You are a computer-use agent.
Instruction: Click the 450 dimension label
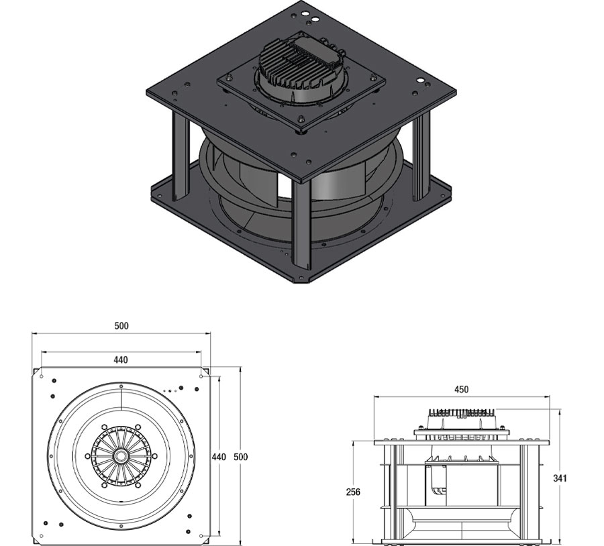click(461, 389)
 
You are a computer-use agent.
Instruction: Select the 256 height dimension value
click(353, 492)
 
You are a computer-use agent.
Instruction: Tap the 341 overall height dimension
click(560, 478)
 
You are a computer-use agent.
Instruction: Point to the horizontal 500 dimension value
click(121, 326)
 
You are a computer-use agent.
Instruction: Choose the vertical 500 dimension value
click(241, 457)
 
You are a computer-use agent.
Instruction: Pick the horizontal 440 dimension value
click(121, 360)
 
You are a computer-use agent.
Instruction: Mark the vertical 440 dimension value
click(219, 457)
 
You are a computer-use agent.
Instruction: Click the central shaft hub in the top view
click(121, 455)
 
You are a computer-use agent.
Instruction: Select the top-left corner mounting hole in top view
click(42, 377)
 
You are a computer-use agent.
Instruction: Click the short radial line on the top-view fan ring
click(121, 397)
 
